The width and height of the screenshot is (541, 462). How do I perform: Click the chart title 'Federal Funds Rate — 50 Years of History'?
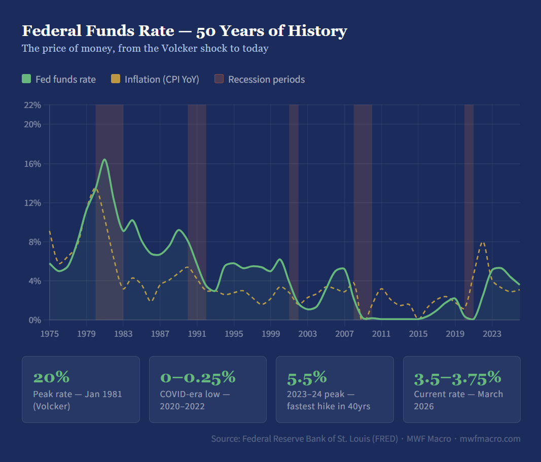(x=184, y=31)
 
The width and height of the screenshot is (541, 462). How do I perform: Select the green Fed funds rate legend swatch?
(x=27, y=79)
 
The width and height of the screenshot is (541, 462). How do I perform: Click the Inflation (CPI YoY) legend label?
(x=162, y=79)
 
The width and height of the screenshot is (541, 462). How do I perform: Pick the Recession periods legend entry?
(x=266, y=79)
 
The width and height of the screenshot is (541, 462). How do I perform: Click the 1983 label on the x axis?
(x=123, y=334)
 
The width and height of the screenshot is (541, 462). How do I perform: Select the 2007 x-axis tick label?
(x=344, y=334)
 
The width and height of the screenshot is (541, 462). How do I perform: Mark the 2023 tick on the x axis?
(x=492, y=334)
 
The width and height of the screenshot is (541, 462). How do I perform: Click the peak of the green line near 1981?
(x=104, y=160)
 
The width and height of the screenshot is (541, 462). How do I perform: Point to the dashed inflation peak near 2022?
(x=483, y=242)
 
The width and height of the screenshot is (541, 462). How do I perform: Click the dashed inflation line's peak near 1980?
(x=95, y=189)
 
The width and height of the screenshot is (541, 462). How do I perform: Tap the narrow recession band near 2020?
(x=469, y=213)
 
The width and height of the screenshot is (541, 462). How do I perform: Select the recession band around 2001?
(x=294, y=213)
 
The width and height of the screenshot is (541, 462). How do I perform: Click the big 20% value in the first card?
(x=51, y=377)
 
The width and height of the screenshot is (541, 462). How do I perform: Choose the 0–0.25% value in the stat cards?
(x=198, y=377)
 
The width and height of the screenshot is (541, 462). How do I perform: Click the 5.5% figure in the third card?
(x=307, y=377)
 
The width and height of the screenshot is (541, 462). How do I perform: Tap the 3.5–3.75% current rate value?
(x=457, y=377)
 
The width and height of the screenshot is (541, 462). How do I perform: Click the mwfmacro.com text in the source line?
(x=490, y=439)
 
